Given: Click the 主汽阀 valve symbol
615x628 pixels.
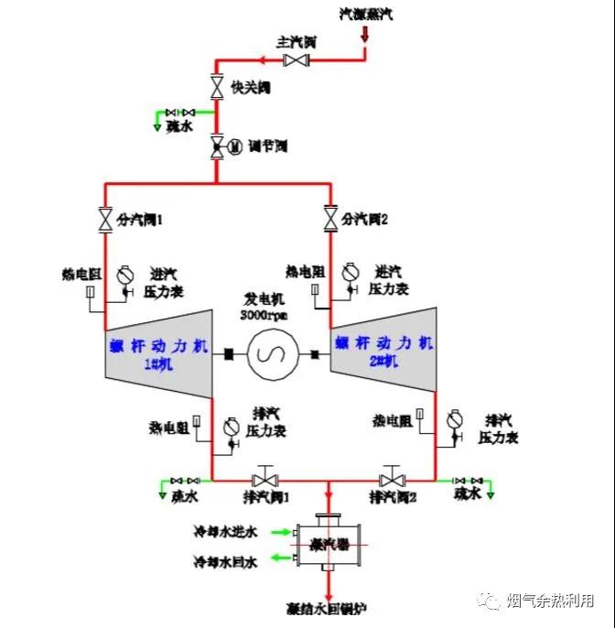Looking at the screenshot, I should coord(296,60).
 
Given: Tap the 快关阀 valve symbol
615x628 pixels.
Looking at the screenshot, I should coord(217,88).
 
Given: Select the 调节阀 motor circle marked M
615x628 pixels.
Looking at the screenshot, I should coord(234,146).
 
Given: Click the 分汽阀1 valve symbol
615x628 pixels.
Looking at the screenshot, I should coord(104,220).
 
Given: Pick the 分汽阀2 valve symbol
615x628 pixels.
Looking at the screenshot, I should coord(329,220).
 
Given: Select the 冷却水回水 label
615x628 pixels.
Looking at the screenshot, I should coord(225,559).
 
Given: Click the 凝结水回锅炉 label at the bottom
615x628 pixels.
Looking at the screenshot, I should coord(328,607).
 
